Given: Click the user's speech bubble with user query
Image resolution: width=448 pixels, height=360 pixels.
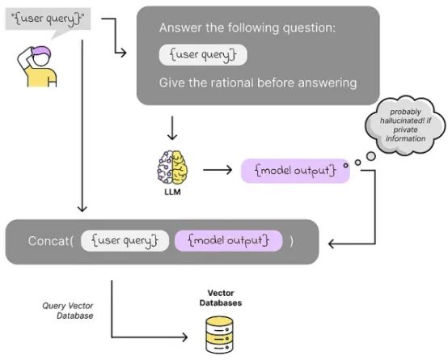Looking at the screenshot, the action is click(48, 20).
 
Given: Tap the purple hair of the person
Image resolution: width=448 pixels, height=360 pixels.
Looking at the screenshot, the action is click(42, 52).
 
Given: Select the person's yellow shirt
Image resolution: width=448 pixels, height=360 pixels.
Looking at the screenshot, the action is click(41, 77).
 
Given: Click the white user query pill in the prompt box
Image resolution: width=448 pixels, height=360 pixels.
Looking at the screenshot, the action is click(203, 55).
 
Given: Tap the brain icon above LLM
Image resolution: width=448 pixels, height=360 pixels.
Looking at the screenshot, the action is click(172, 167).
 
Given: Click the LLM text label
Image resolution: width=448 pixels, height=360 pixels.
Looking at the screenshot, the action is click(172, 192).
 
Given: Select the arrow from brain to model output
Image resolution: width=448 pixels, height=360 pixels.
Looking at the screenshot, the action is click(218, 170).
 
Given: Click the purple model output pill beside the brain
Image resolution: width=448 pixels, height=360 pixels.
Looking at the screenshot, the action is click(295, 171).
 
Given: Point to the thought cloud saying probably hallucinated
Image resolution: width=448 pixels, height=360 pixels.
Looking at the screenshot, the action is click(405, 125).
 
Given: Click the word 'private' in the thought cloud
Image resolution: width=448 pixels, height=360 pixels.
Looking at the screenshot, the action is click(405, 129).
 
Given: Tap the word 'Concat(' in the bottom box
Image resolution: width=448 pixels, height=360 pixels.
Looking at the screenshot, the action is click(51, 241).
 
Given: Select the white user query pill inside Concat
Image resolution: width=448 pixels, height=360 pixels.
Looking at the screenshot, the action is click(125, 241).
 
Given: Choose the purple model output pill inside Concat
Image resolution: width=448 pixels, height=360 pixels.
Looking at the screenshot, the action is click(229, 241).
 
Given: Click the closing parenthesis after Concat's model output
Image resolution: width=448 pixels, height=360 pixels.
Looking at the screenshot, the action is click(291, 241).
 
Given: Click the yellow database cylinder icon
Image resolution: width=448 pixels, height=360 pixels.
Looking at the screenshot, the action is click(219, 335).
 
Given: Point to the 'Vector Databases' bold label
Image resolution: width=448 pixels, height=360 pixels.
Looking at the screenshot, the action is click(221, 298).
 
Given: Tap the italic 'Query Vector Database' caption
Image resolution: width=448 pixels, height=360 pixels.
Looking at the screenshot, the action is click(68, 311).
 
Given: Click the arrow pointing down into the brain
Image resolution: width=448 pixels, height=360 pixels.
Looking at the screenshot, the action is click(172, 128).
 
